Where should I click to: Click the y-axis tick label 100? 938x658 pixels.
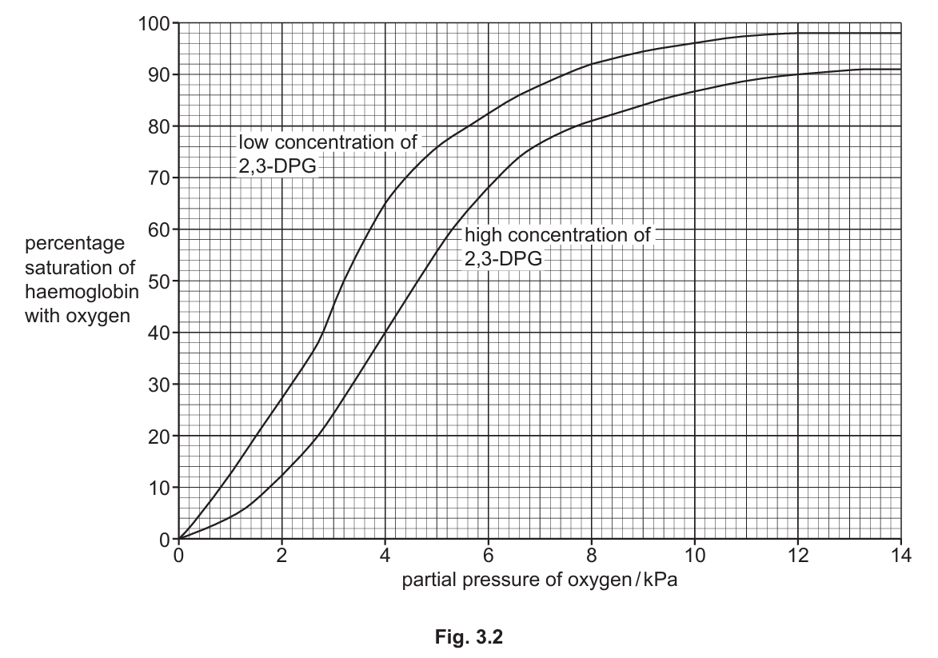154,23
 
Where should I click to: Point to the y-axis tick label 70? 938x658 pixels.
158,177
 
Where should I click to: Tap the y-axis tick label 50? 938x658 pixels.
158,281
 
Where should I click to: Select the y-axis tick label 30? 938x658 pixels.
158,384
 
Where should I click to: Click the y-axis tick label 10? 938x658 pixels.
158,487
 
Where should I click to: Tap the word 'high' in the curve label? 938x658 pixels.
483,235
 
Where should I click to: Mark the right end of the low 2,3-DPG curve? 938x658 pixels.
900,33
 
